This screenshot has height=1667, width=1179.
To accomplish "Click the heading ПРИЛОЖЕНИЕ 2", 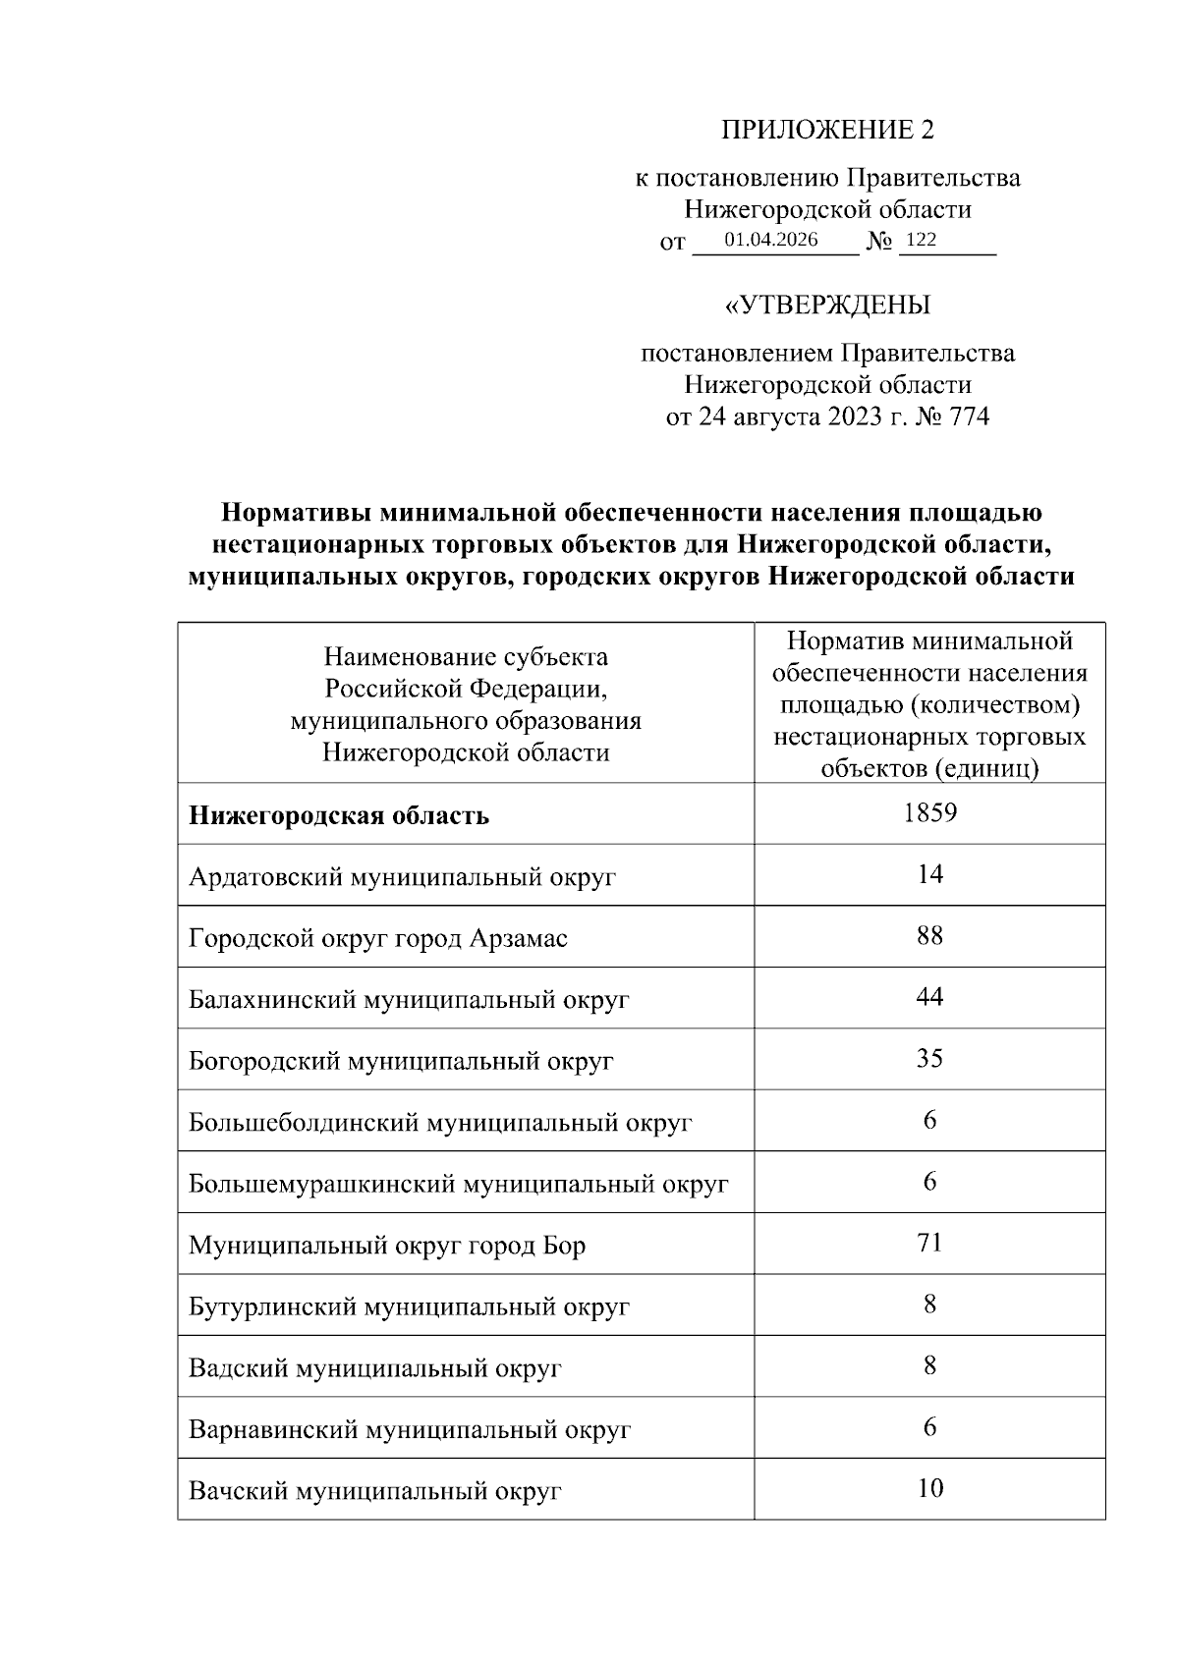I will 828,130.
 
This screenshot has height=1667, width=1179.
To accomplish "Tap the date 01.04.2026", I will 771,240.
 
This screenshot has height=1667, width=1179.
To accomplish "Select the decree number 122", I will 921,240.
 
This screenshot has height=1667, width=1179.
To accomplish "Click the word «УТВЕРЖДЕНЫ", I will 827,306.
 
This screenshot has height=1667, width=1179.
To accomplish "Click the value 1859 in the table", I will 929,812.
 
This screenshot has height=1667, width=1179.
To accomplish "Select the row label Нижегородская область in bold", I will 339,816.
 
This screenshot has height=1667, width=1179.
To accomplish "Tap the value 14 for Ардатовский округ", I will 929,874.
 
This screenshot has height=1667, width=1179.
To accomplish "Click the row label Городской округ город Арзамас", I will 378,938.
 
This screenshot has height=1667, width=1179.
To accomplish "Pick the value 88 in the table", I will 929,935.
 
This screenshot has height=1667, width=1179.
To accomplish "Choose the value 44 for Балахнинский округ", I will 929,997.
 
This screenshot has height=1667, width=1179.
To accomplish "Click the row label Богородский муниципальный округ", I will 401,1061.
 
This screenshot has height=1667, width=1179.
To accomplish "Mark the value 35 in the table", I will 929,1058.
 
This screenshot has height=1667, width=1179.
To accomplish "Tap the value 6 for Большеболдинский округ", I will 929,1120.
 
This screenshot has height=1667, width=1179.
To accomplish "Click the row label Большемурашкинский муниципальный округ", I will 459,1184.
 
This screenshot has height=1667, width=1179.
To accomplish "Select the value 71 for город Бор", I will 929,1243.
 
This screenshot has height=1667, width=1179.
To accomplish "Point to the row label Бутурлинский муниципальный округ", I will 409,1306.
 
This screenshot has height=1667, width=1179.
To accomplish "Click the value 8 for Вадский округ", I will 929,1365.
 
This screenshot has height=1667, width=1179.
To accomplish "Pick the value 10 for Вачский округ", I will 929,1488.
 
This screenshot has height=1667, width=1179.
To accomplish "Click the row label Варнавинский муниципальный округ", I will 410,1429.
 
